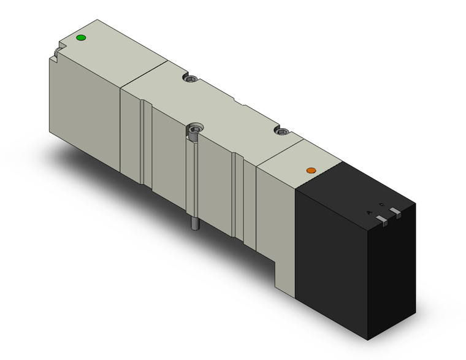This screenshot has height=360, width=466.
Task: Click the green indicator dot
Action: pos(80,39)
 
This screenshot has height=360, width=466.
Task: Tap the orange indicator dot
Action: pos(311,170)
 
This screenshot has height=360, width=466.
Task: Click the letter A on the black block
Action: pos(369,212)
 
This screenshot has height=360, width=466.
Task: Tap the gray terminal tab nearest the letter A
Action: pos(382,220)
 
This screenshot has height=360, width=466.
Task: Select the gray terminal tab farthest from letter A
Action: pos(396,213)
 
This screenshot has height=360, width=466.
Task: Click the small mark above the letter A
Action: pos(381,204)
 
